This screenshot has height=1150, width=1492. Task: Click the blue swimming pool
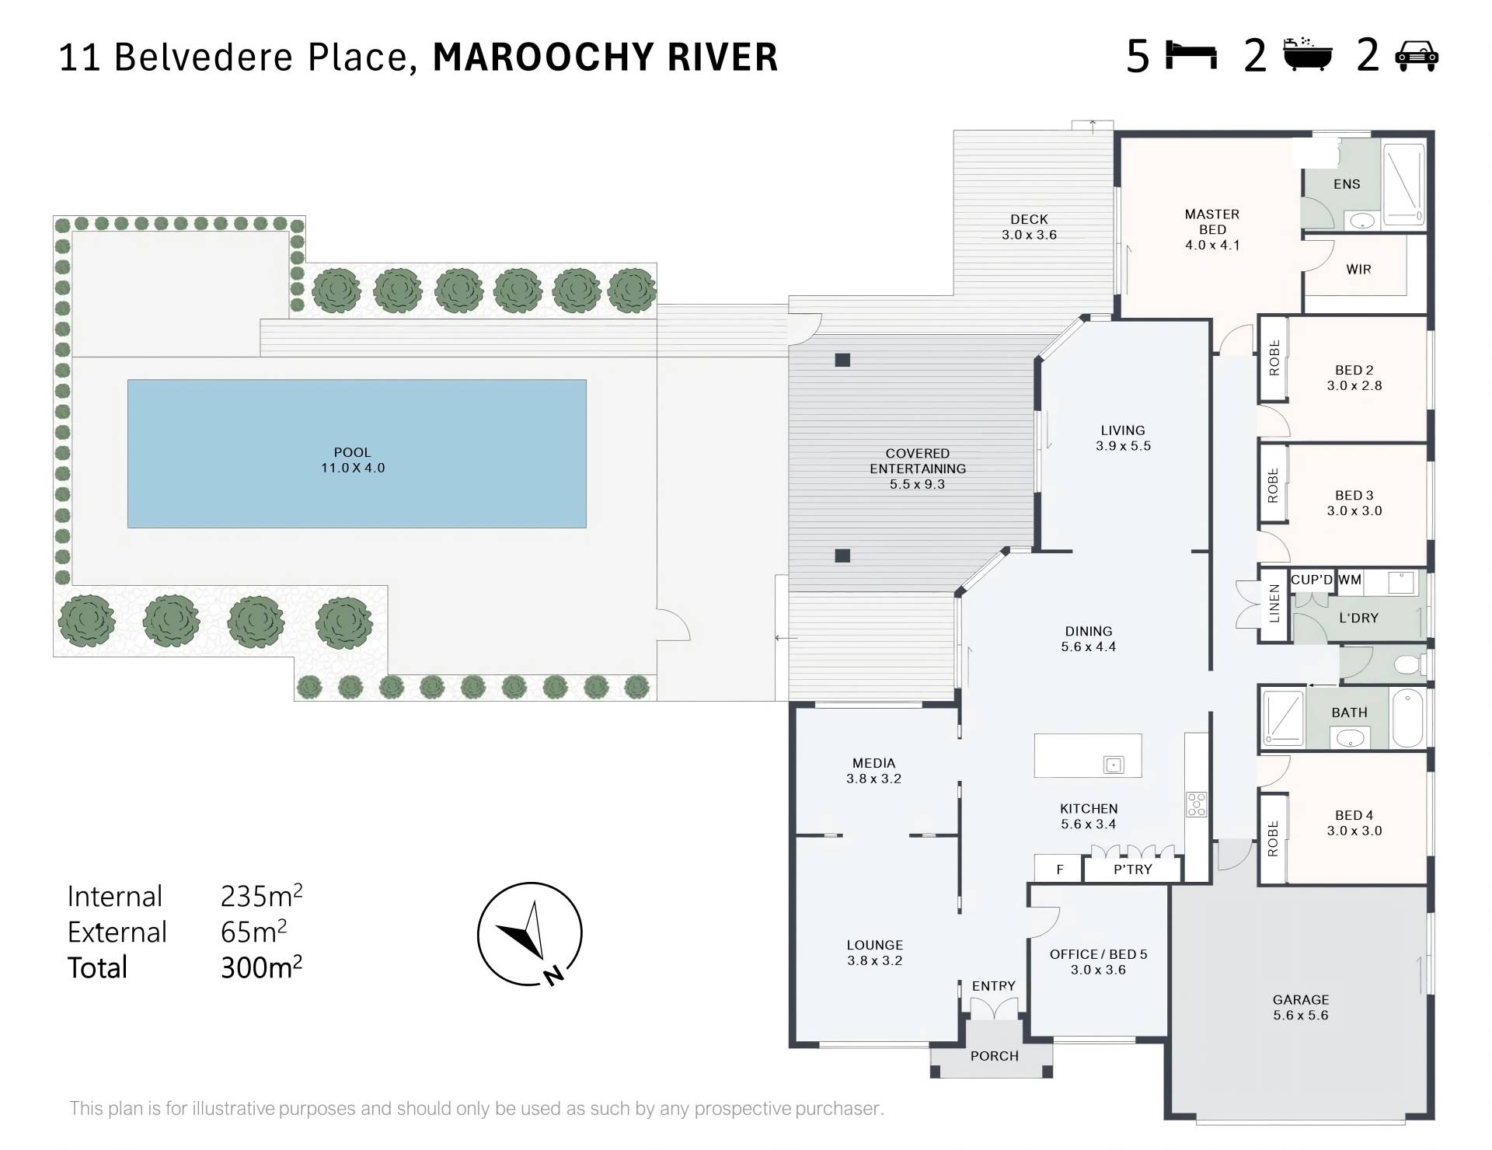click(357, 454)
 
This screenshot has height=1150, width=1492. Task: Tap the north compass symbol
click(529, 933)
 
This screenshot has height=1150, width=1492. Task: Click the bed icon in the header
click(1191, 56)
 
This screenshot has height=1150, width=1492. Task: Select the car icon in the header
click(1417, 56)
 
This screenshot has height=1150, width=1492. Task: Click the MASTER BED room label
click(1212, 229)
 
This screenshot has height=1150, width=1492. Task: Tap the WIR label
click(1358, 270)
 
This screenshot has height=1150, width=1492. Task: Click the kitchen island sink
click(1114, 765)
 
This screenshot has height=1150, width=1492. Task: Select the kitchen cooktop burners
click(1197, 804)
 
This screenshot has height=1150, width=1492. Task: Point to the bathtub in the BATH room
click(1407, 719)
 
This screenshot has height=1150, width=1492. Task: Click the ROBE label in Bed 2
click(1274, 358)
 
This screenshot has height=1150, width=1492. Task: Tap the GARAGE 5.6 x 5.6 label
click(1301, 1007)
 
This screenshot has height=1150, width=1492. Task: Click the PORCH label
click(994, 1056)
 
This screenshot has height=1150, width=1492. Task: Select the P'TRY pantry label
click(1132, 869)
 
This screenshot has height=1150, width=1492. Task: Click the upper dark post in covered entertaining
click(842, 360)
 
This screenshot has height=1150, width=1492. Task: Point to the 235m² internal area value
click(261, 896)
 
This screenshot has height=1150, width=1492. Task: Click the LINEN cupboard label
click(1274, 604)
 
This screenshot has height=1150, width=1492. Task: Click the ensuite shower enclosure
click(1404, 185)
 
